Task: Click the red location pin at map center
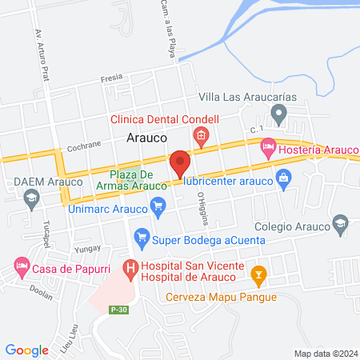pyautogui.click(x=179, y=163)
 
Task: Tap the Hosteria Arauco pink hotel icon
pyautogui.click(x=268, y=147)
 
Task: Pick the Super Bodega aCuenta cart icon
pyautogui.click(x=142, y=237)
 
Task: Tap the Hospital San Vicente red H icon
pyautogui.click(x=127, y=268)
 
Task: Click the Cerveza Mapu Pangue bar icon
pyautogui.click(x=258, y=276)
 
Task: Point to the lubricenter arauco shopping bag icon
pyautogui.click(x=282, y=177)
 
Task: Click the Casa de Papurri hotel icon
pyautogui.click(x=21, y=265)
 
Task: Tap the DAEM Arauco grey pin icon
pyautogui.click(x=32, y=200)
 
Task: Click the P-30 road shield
pyautogui.click(x=119, y=310)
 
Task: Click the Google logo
pyautogui.click(x=27, y=350)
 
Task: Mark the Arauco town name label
pyautogui.click(x=146, y=138)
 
